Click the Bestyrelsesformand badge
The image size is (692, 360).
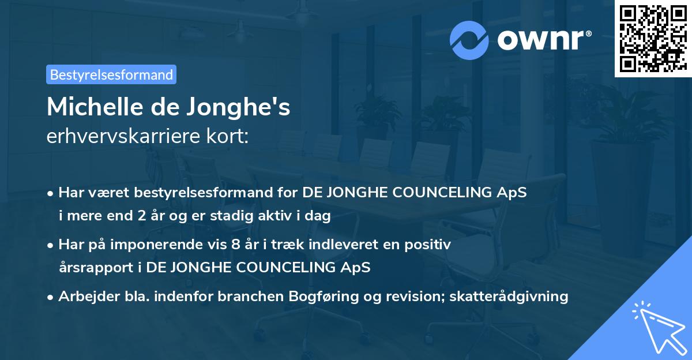[111, 74]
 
